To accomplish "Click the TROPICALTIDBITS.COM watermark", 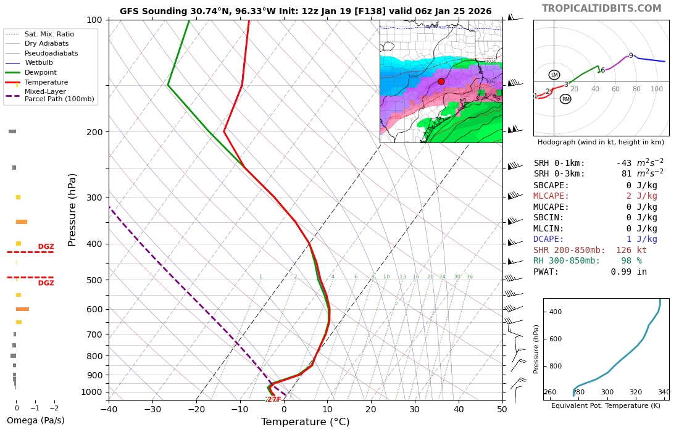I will click(x=601, y=9).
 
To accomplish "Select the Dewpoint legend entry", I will click(x=41, y=72).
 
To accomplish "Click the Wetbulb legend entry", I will click(x=40, y=62).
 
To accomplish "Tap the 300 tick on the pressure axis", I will click(x=93, y=197).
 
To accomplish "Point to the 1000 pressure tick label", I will click(x=91, y=392).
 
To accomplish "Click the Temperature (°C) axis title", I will click(x=305, y=422).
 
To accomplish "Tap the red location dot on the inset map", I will click(x=441, y=81).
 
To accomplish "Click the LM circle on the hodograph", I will click(x=554, y=75).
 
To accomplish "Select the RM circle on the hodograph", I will click(x=565, y=99).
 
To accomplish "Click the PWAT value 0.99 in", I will click(x=629, y=272).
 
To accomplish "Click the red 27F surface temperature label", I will click(x=273, y=400).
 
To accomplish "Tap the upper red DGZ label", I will click(x=46, y=247).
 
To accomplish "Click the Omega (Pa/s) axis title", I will click(x=35, y=421).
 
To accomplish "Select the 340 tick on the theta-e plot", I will click(x=664, y=392).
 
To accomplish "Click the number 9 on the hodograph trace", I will click(x=631, y=56).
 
